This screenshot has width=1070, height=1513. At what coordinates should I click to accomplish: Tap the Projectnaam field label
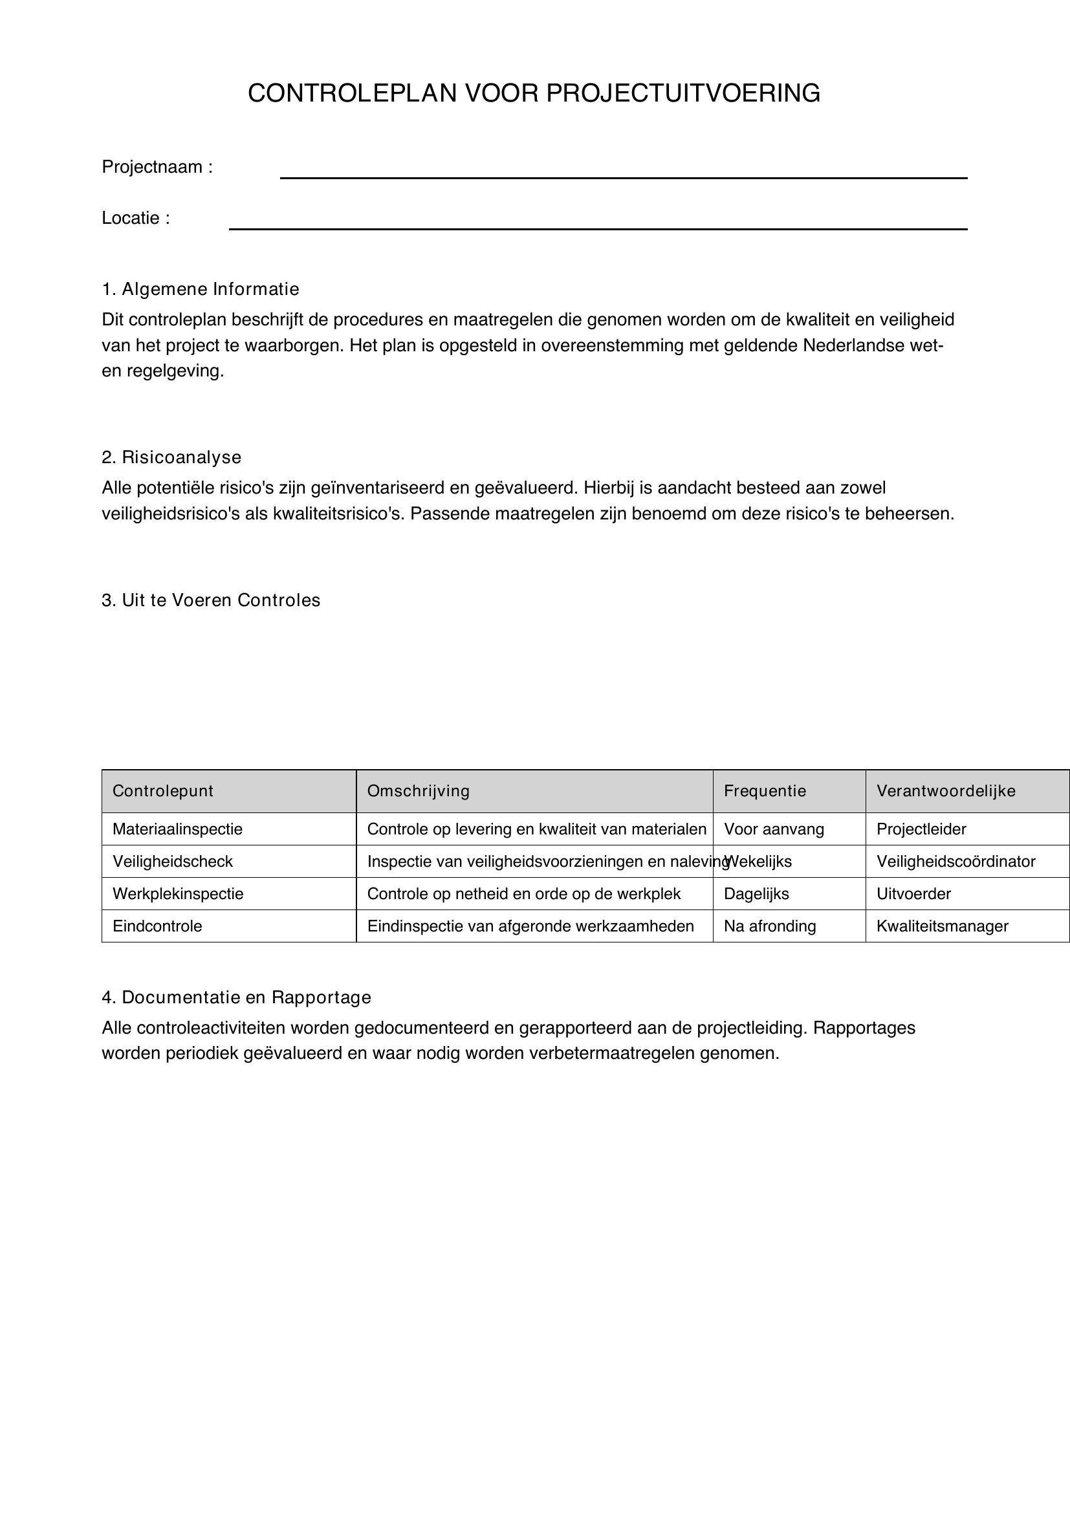point(157,168)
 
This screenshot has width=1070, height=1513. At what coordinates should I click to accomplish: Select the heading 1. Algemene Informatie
point(201,289)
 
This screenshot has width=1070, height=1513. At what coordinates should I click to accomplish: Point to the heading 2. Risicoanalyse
point(171,457)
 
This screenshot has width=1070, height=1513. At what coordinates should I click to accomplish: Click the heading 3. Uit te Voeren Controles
point(211,600)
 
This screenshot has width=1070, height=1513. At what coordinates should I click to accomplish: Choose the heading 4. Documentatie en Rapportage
point(237,997)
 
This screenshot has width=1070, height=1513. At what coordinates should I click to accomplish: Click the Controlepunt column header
point(163,790)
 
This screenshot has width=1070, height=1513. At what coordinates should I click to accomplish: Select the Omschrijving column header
point(419,790)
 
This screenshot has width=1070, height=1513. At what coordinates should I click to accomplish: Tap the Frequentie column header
point(765,790)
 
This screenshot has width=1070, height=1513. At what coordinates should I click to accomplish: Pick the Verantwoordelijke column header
point(946,790)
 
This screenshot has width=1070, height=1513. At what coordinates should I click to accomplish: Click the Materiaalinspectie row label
point(177,829)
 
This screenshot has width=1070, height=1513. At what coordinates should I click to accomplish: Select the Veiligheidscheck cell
point(173,861)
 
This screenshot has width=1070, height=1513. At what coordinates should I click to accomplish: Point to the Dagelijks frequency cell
point(756,893)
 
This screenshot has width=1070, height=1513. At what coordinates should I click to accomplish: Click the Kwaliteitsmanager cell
point(942,926)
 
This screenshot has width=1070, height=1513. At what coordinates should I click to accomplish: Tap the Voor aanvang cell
point(774,829)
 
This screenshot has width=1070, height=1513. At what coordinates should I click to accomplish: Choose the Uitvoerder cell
point(913,893)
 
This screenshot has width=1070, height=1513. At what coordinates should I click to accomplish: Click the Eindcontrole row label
point(157,926)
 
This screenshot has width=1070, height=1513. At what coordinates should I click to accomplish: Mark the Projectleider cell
point(921,829)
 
